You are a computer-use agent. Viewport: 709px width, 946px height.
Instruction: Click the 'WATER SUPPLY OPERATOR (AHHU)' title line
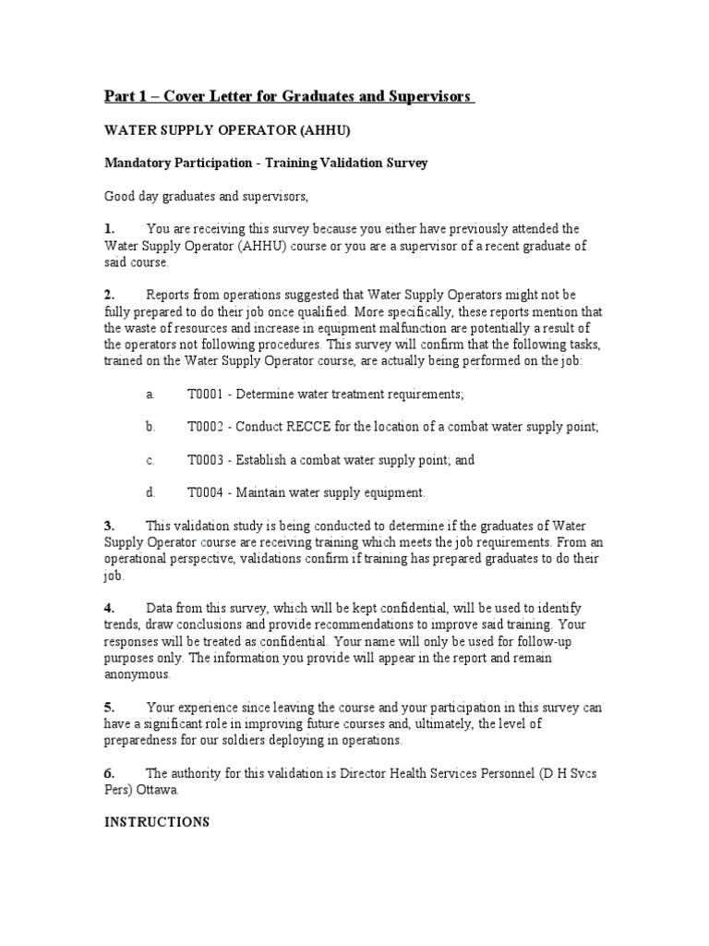point(227,130)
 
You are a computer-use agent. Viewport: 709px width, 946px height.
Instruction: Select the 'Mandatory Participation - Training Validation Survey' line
point(265,163)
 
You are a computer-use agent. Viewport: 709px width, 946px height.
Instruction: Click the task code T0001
point(205,394)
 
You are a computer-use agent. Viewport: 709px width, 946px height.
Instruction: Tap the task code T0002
point(205,427)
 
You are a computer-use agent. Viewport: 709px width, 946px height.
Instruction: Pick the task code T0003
point(205,460)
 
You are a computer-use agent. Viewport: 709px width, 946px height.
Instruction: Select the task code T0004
point(205,493)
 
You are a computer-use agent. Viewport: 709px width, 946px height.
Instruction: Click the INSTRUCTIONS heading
point(156,821)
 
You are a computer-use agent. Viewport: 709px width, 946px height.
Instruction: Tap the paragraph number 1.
point(109,228)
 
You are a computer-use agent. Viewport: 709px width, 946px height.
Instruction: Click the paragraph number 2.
point(109,295)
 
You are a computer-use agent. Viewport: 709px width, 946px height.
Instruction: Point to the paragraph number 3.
point(109,526)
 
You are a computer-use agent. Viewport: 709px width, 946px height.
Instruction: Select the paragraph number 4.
point(109,607)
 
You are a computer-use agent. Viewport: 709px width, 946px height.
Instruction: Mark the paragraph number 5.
point(109,707)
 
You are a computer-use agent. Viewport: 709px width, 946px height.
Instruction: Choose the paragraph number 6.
point(109,772)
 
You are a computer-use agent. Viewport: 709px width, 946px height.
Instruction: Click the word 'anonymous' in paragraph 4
point(137,674)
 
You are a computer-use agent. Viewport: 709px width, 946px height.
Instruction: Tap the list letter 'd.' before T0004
point(150,493)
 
